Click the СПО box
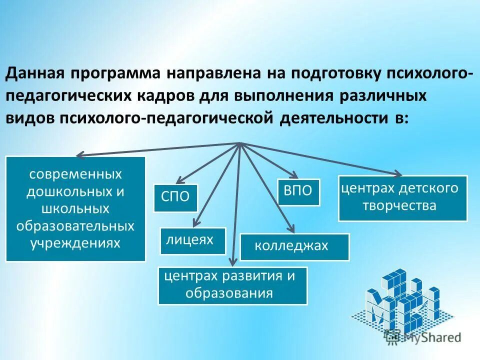175,197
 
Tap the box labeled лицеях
192,240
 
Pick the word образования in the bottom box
229,293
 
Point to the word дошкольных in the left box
75,192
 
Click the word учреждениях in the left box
75,243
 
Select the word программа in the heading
114,74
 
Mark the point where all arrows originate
240,143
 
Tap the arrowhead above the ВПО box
293,176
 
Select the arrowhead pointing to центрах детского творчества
398,174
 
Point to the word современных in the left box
75,174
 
